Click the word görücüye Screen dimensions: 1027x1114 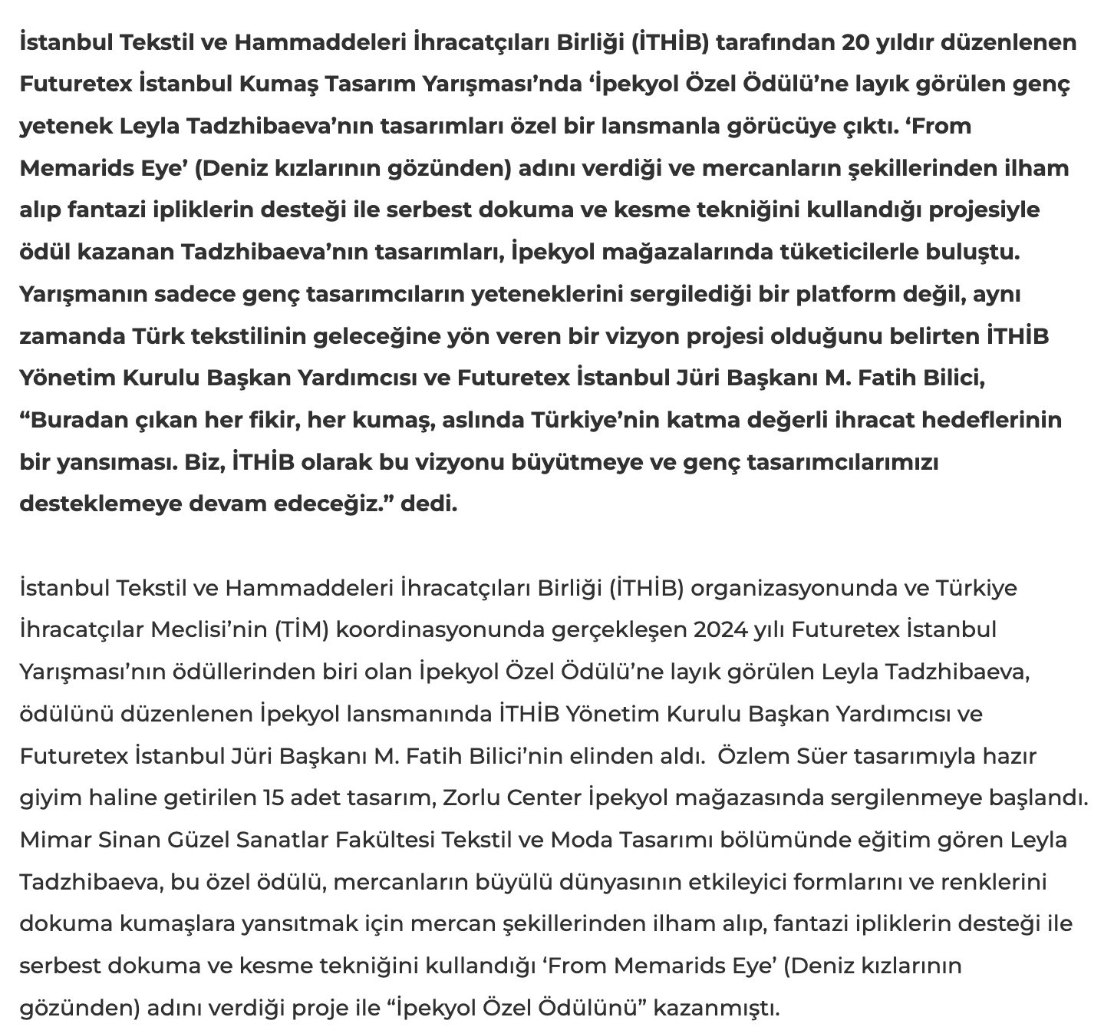click(x=783, y=125)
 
